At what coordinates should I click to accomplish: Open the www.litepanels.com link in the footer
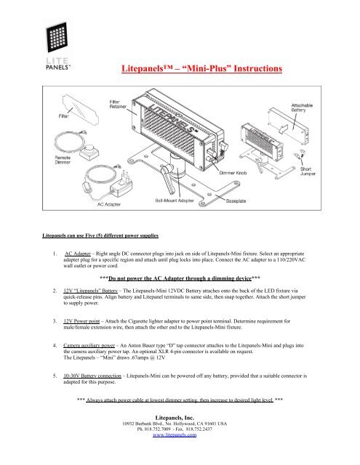[180, 460]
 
